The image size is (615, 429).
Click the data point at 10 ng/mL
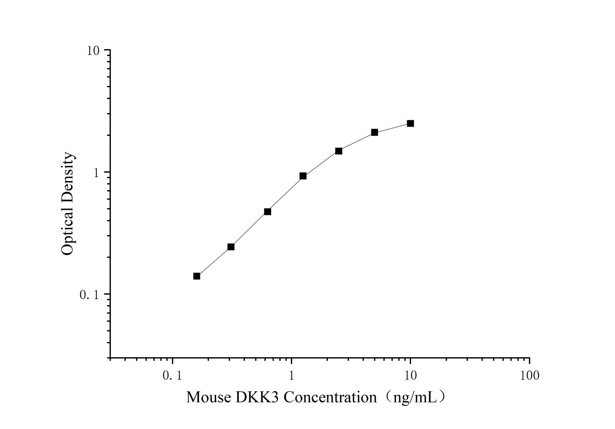(410, 123)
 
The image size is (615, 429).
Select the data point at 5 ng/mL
(374, 132)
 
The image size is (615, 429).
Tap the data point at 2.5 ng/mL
(338, 151)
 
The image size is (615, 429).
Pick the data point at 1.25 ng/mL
(303, 176)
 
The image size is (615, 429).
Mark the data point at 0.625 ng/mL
(267, 212)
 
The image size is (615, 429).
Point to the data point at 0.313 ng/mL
(231, 247)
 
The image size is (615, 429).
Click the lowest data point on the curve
(197, 276)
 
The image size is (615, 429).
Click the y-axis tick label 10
(93, 51)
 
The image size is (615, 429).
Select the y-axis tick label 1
(96, 173)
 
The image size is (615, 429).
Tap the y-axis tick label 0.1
(89, 295)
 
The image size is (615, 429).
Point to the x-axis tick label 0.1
(172, 376)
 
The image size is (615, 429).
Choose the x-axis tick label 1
(291, 376)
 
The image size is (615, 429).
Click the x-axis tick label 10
(410, 376)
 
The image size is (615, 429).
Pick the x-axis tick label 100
(529, 376)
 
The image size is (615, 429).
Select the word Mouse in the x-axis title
(209, 397)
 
